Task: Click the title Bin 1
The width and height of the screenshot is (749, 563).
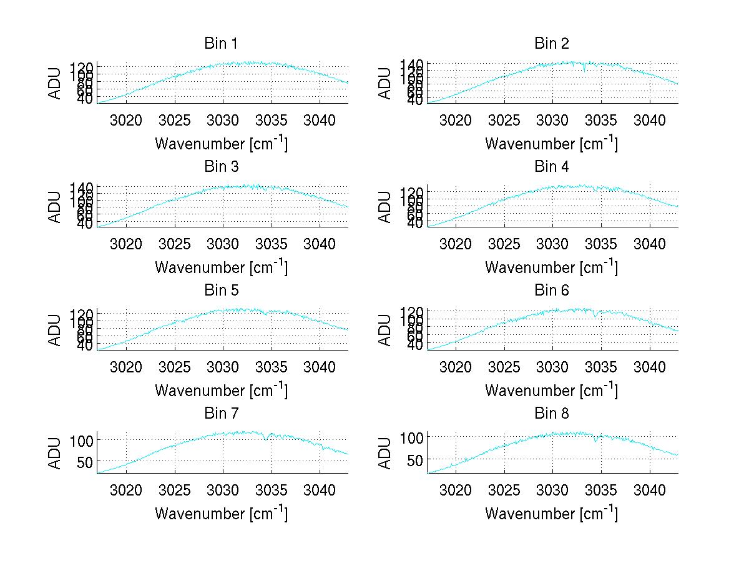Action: click(x=220, y=44)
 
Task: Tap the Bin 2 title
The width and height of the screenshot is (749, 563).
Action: click(x=552, y=44)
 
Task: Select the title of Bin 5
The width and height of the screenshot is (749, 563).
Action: click(x=220, y=291)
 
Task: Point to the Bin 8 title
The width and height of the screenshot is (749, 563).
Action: click(x=552, y=414)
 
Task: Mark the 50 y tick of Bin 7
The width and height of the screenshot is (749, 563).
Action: click(x=85, y=462)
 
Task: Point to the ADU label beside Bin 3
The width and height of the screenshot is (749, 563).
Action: click(x=55, y=207)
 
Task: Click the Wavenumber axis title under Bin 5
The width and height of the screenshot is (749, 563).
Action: click(x=221, y=391)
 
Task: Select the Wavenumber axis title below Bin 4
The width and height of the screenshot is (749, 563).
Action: click(x=551, y=267)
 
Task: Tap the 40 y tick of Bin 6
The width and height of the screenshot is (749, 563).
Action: click(x=415, y=345)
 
